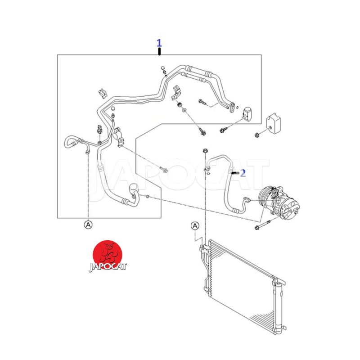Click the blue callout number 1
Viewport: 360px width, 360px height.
(159, 43)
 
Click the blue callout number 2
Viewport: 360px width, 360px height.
(243, 173)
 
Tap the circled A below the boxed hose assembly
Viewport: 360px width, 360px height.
(88, 225)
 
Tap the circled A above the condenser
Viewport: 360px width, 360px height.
(195, 226)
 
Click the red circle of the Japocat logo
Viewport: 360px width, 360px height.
(108, 255)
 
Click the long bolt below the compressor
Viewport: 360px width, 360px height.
(263, 225)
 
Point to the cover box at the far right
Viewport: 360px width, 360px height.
(273, 124)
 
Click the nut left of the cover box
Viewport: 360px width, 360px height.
(257, 135)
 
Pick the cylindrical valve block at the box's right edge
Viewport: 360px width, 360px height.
(247, 114)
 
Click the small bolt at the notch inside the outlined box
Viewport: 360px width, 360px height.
(164, 170)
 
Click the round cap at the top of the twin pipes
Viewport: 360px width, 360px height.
(162, 68)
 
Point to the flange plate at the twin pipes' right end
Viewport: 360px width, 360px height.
(232, 108)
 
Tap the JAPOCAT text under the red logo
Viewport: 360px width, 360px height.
(108, 267)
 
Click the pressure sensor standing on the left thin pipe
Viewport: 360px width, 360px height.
(99, 129)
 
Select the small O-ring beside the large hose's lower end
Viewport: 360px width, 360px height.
(148, 196)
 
